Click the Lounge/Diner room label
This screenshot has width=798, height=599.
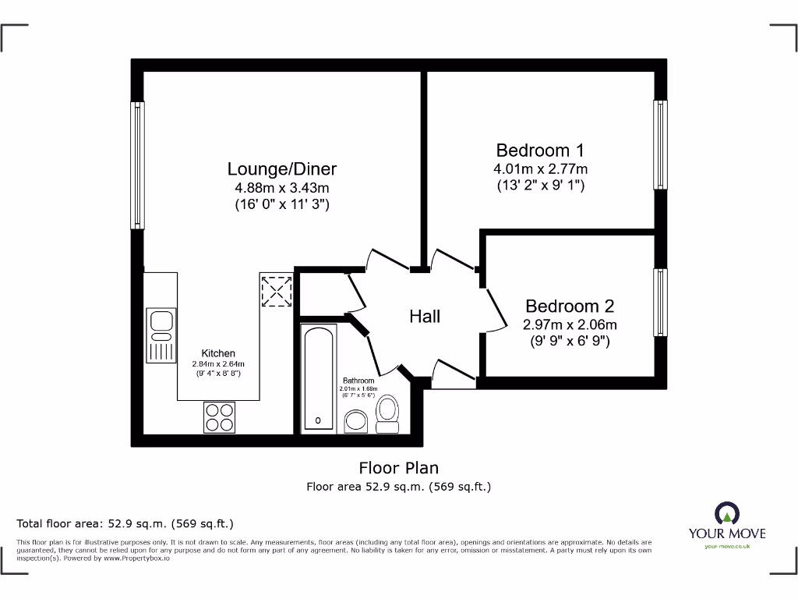[x=282, y=168]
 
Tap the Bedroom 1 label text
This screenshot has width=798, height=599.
[x=540, y=150]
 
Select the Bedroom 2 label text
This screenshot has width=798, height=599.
[x=569, y=307]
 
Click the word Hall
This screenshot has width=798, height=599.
[x=425, y=316]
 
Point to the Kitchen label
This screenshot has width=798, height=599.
[x=218, y=353]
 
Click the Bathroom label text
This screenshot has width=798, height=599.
[x=358, y=381]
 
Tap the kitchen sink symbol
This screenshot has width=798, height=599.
[x=161, y=335]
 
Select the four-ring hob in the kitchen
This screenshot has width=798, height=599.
[x=219, y=416]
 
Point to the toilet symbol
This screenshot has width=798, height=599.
[x=387, y=413]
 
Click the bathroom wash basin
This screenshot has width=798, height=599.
[x=357, y=422]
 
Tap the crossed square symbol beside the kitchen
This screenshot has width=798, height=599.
[x=276, y=291]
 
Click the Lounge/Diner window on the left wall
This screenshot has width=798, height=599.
[x=137, y=165]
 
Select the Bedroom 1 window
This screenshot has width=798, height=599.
[x=660, y=145]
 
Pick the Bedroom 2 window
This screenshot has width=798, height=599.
[x=660, y=303]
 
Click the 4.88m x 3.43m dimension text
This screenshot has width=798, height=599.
[x=282, y=188]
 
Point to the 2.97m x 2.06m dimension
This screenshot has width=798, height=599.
[x=569, y=325]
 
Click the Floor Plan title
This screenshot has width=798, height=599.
[x=398, y=468]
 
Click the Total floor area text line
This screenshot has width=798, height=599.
[x=125, y=523]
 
